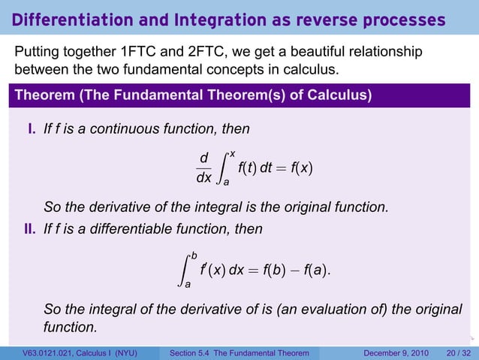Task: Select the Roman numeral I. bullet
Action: click(x=32, y=129)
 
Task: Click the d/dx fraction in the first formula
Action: click(x=203, y=168)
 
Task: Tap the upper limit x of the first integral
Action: click(x=233, y=153)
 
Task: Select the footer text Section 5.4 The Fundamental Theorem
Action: click(x=239, y=353)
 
